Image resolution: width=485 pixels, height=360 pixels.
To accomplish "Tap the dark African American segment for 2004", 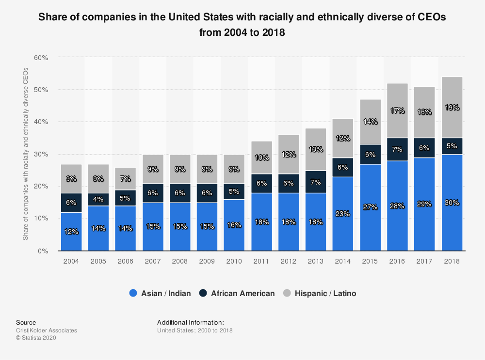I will [x=71, y=203].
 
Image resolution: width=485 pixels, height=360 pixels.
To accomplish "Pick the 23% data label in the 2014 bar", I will [x=343, y=213].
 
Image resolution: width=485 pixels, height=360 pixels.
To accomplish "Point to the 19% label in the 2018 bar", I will [x=452, y=108].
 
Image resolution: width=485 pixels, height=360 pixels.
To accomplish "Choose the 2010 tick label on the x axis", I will [x=234, y=261].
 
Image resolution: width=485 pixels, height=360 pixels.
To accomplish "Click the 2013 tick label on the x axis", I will [x=316, y=261].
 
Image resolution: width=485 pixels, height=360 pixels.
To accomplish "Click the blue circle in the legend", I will [x=134, y=293].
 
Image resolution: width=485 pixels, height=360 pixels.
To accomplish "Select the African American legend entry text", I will [x=243, y=293].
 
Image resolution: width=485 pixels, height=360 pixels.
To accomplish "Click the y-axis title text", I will [x=26, y=154].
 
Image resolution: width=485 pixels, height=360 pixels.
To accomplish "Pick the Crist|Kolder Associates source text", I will [x=47, y=330].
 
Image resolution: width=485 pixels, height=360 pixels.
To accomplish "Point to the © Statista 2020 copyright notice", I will [x=36, y=338].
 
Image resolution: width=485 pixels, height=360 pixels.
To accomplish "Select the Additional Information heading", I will [x=191, y=322].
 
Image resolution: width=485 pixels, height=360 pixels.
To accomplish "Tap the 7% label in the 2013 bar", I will [x=316, y=182].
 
